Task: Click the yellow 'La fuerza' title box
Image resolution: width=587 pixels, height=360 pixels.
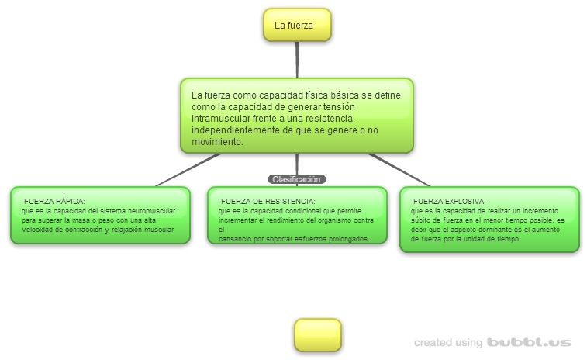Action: click(297, 25)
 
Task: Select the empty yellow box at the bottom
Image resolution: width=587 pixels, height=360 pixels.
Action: click(317, 335)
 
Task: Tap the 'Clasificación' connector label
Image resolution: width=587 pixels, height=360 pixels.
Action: click(297, 179)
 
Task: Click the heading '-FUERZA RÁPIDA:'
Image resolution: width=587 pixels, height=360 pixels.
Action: click(54, 202)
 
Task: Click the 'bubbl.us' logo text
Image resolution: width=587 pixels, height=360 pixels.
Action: click(529, 342)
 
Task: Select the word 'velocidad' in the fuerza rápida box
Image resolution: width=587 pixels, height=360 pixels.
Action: click(39, 230)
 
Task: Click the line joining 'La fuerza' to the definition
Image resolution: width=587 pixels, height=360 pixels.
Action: click(297, 59)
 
